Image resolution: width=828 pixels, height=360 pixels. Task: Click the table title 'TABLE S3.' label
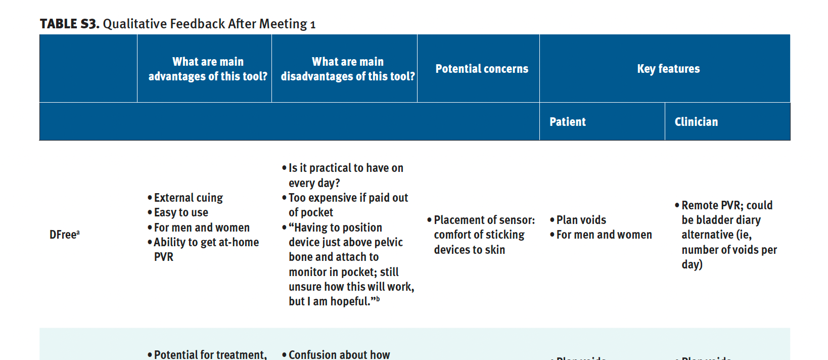69,24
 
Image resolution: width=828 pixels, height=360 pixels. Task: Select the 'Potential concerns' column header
481,69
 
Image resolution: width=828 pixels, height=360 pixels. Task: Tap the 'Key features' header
668,69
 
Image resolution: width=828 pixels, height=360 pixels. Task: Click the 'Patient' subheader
567,122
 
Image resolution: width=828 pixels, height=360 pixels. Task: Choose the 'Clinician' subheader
696,122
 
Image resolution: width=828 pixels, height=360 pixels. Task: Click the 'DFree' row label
64,235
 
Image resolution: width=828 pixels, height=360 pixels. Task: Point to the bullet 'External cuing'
188,198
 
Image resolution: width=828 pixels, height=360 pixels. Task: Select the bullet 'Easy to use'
181,212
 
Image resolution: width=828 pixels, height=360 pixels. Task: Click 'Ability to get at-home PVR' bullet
206,243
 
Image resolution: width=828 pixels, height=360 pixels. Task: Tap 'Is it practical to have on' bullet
346,168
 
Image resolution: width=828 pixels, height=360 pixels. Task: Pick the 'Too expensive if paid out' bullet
348,198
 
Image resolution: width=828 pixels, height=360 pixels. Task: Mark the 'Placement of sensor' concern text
484,220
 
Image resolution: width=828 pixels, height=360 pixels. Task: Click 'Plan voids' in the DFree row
581,220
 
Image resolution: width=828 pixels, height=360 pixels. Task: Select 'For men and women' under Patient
604,235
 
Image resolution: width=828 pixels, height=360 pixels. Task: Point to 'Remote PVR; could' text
726,205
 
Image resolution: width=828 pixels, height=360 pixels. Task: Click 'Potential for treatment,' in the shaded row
210,354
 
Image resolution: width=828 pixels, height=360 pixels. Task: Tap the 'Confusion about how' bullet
339,354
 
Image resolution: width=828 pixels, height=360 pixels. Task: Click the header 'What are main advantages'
208,69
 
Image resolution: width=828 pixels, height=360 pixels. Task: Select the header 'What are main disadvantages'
348,69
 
